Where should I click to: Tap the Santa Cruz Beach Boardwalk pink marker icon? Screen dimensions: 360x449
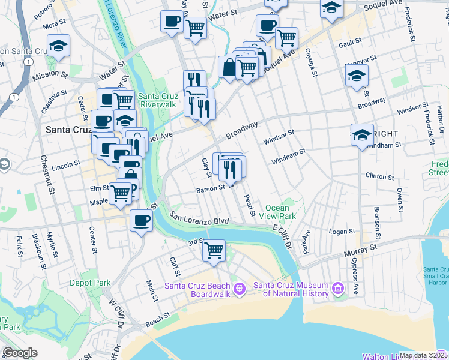coord(240,289)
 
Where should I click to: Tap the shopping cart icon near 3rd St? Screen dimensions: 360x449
coord(214,251)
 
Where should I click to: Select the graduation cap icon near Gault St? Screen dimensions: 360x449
coord(357,76)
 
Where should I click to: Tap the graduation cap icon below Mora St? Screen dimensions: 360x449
coord(59,46)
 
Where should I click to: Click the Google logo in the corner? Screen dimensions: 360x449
coord(20,353)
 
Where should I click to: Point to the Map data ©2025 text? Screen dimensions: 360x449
coord(423,355)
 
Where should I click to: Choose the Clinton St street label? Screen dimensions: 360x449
coord(379,177)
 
